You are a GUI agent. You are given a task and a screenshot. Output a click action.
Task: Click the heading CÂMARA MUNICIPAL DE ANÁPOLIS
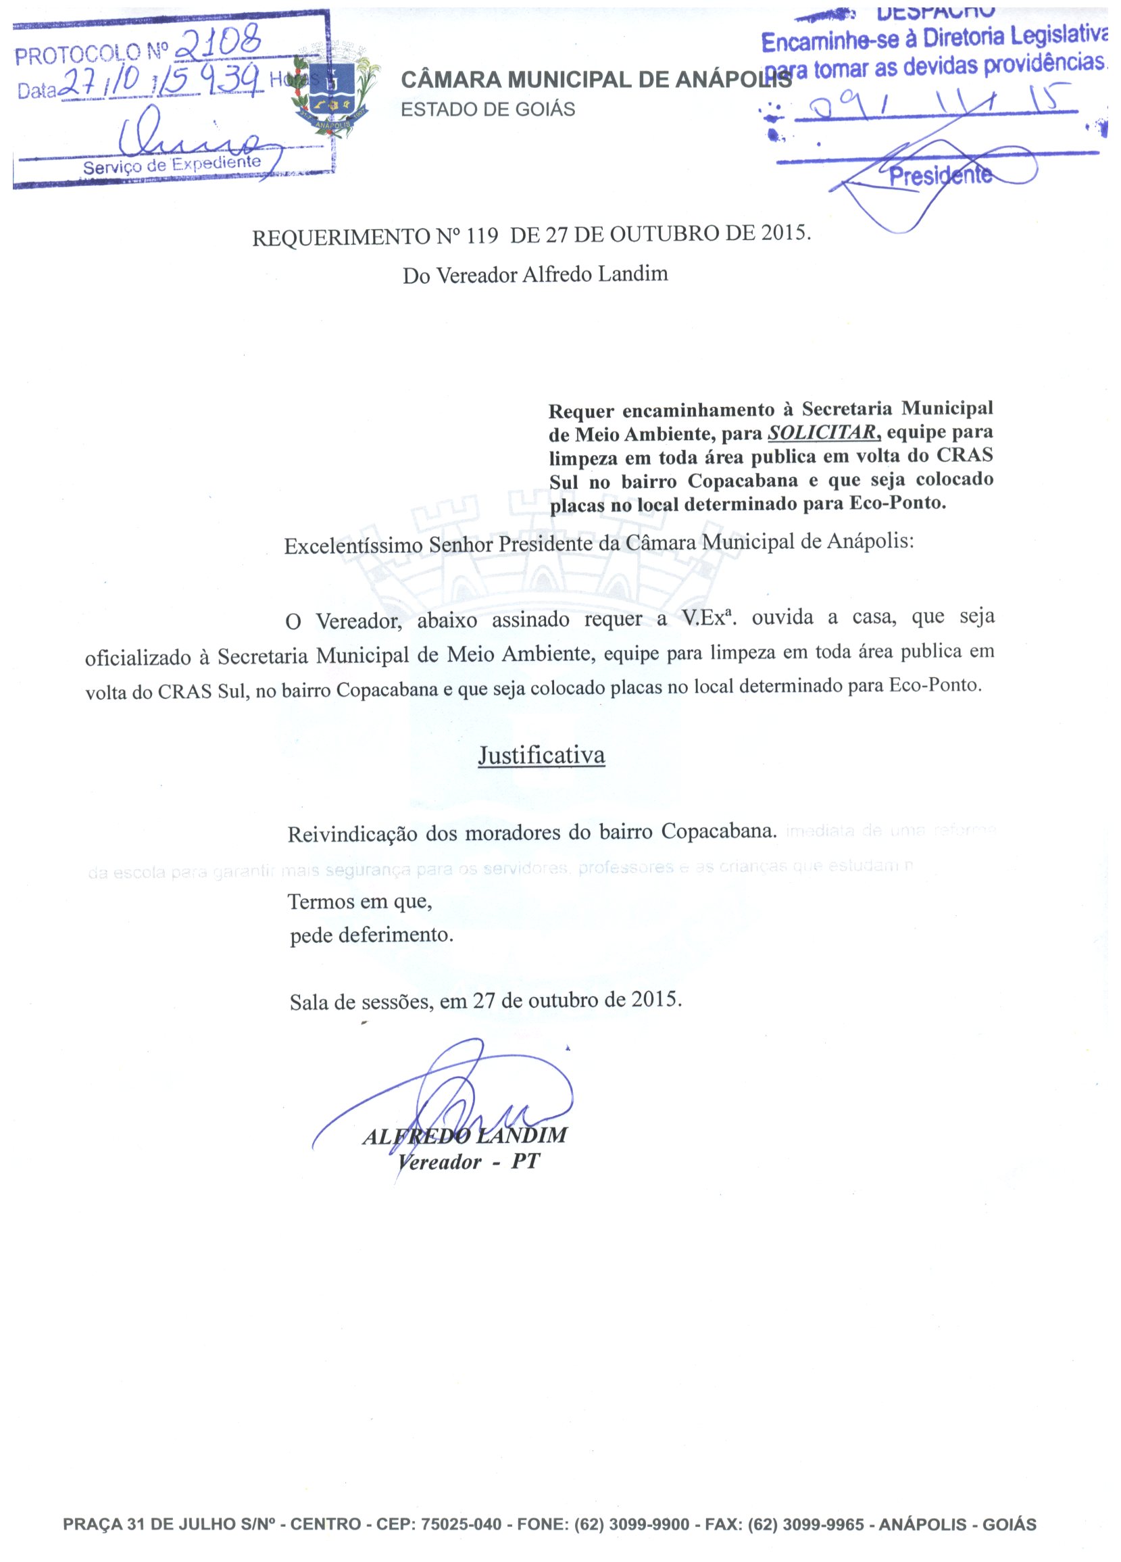point(595,80)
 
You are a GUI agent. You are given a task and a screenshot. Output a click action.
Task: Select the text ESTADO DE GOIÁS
point(487,109)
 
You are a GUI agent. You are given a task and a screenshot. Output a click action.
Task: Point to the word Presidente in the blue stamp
point(940,176)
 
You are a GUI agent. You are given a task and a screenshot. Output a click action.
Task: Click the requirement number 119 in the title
point(481,237)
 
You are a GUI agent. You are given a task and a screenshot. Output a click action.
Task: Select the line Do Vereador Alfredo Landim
point(535,275)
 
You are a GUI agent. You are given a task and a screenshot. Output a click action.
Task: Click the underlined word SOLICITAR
point(822,433)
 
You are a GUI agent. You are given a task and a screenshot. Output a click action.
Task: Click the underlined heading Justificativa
point(541,756)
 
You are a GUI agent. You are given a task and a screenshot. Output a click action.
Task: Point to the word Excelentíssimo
point(353,546)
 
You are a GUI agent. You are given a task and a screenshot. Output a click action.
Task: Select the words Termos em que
point(359,902)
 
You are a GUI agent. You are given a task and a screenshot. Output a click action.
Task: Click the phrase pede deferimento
point(371,935)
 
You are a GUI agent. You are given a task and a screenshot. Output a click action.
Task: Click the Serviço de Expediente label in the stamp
point(172,165)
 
